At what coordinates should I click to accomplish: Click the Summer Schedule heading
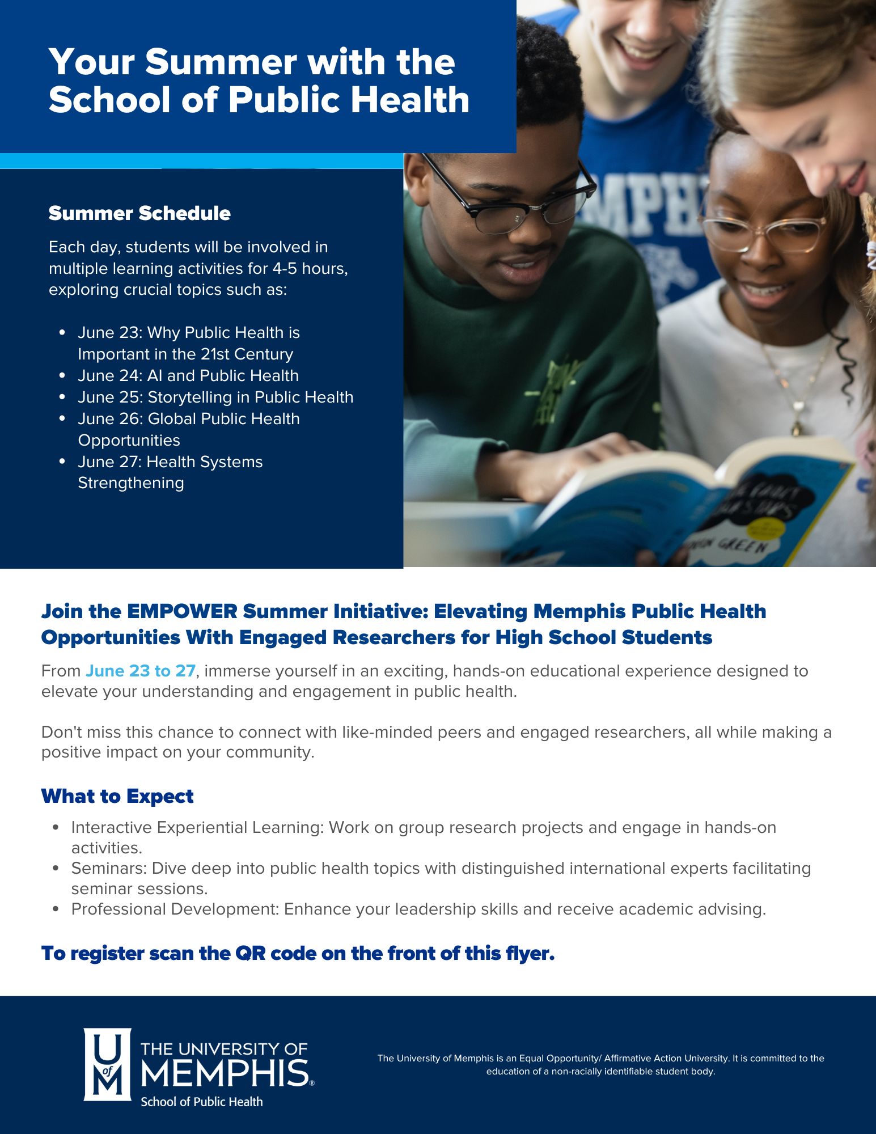(x=139, y=213)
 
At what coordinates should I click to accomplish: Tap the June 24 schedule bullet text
(x=188, y=375)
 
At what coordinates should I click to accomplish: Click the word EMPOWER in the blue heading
(x=182, y=611)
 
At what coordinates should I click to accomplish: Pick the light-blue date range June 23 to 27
(x=141, y=671)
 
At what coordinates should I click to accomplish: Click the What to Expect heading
(x=117, y=796)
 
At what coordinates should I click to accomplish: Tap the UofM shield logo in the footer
(x=108, y=1064)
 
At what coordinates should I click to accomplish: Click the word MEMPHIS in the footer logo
(x=225, y=1073)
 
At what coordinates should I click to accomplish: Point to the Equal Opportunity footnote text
(x=600, y=1065)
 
